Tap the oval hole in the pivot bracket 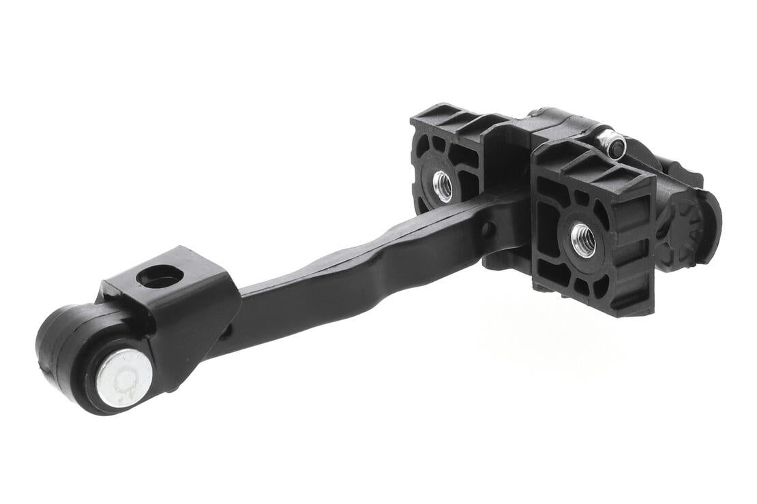(160, 276)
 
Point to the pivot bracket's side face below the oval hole (194, 320)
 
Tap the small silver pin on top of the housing (612, 144)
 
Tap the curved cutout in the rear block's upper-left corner (426, 146)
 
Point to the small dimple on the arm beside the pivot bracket (228, 332)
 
